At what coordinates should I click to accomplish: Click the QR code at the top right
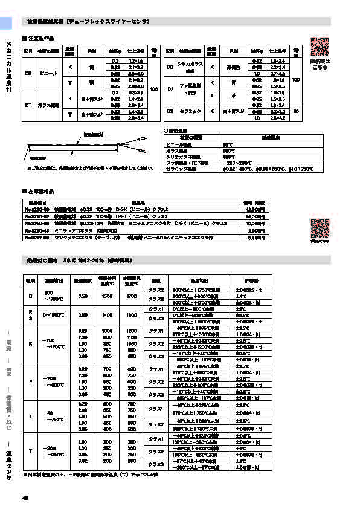(x=320, y=47)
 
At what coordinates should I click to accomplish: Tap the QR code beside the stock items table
(x=320, y=229)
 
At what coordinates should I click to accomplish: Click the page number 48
(x=25, y=498)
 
